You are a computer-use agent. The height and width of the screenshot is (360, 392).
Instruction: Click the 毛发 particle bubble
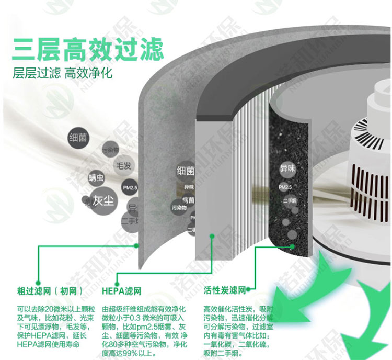click(x=123, y=166)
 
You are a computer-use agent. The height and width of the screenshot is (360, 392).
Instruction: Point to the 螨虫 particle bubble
click(x=96, y=177)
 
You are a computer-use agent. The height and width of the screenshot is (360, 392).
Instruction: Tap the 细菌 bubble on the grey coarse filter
click(x=186, y=171)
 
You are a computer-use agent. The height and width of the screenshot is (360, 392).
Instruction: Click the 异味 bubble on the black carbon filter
click(x=287, y=169)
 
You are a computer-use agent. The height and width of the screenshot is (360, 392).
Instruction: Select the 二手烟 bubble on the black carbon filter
click(x=290, y=200)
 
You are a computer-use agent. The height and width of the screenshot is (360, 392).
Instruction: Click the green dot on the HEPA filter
click(x=212, y=236)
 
